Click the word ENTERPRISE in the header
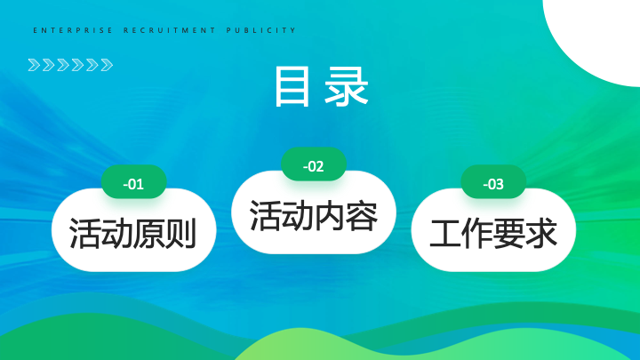click(x=73, y=30)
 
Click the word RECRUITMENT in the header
click(x=170, y=30)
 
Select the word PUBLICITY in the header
click(x=261, y=30)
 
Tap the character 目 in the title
click(x=292, y=86)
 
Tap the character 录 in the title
click(x=347, y=86)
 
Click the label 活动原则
click(x=133, y=234)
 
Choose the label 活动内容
click(x=314, y=216)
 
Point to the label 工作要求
click(x=493, y=234)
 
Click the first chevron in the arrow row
click(x=35, y=65)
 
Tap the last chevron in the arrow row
click(x=107, y=65)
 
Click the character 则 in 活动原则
click(x=180, y=234)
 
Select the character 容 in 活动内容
click(x=362, y=216)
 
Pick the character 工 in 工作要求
click(x=445, y=234)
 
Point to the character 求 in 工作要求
click(x=541, y=234)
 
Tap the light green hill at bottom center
click(x=310, y=347)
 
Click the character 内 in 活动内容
click(x=330, y=216)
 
